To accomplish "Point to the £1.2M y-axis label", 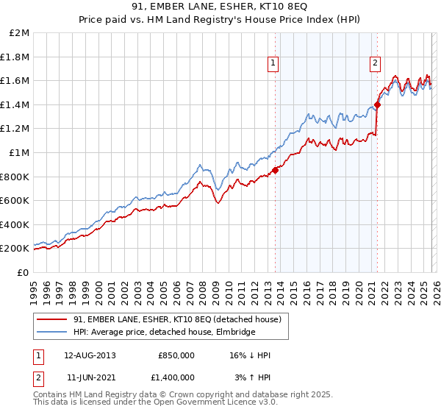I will click(15, 129).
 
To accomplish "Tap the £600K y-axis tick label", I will click(15, 200).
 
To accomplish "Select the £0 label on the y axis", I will click(23, 272).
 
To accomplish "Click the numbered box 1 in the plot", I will click(273, 63).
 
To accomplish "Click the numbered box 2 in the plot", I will click(375, 63).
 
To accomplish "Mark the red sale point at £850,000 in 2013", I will click(275, 170).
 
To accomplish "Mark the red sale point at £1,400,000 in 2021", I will click(377, 104).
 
